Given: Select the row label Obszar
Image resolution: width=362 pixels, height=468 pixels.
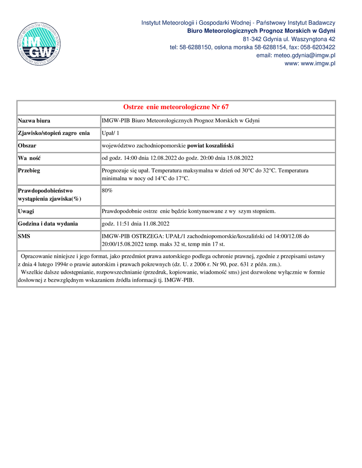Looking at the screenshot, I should coord(27,146).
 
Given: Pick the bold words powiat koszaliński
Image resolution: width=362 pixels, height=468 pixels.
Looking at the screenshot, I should coord(210,146).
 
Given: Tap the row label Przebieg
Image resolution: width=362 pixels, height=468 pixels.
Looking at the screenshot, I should coord(29,171).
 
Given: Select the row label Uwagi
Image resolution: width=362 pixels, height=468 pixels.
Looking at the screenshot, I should coord(26,211).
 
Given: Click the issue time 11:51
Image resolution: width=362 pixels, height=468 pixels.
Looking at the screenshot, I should coord(120,224).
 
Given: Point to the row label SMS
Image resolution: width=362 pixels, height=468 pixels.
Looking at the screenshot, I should coord(24,237).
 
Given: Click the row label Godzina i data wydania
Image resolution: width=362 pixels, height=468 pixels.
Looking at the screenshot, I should coord(48,224).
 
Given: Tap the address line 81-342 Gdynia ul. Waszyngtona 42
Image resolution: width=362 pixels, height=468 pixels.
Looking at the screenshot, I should coord(289,39).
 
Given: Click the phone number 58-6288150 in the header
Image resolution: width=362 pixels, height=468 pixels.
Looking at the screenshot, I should coord(196,47).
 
